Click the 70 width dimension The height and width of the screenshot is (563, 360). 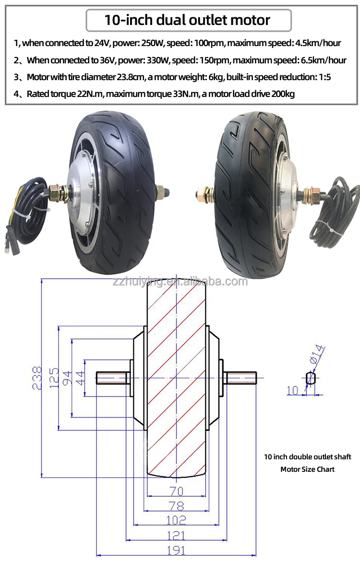[176, 491]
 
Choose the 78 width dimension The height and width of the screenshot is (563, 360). [176, 505]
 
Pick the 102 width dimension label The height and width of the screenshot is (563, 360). [177, 520]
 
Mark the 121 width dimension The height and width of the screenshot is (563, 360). [177, 536]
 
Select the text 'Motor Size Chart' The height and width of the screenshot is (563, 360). [307, 469]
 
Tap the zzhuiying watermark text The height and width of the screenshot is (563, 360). [178, 281]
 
